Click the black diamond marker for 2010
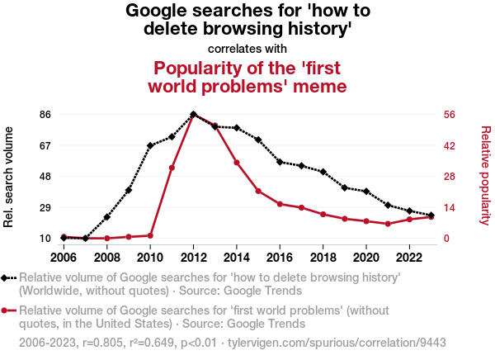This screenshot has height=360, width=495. [x=150, y=145]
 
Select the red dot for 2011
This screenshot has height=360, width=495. [x=172, y=168]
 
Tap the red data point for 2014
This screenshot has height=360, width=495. [x=237, y=163]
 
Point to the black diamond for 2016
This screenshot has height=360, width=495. [x=280, y=162]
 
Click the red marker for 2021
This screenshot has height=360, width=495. [x=388, y=224]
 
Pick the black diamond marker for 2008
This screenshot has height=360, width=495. [x=107, y=217]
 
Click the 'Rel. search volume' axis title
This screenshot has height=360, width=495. [x=10, y=177]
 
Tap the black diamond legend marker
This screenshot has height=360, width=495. [x=7, y=278]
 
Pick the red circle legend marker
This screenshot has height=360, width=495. [x=7, y=310]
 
